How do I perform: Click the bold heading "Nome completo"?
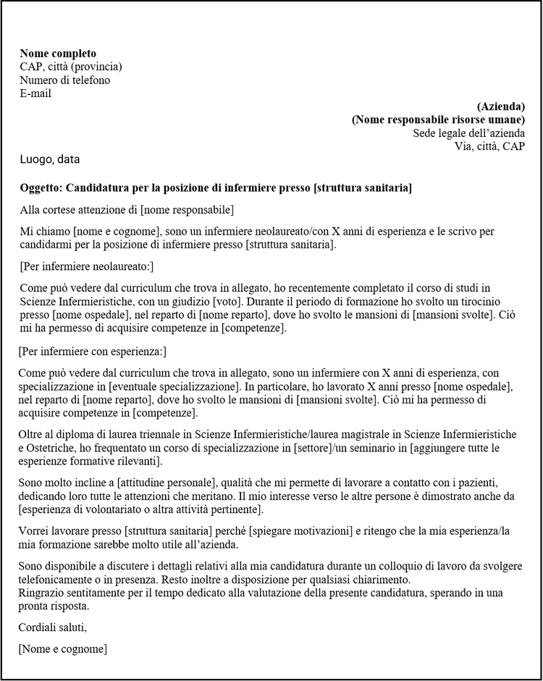58,54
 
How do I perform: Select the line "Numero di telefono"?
65,80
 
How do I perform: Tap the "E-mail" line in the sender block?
35,93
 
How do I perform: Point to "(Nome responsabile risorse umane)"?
438,120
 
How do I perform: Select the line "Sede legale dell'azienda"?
469,133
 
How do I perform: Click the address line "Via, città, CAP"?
489,146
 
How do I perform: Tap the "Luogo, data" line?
50,159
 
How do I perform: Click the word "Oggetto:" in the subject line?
42,188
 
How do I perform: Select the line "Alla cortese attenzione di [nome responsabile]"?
127,210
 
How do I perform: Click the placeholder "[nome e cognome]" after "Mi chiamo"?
116,232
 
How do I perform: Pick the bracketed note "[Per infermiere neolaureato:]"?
87,267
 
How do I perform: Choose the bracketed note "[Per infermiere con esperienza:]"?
93,351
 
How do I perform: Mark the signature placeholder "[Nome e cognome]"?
63,648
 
